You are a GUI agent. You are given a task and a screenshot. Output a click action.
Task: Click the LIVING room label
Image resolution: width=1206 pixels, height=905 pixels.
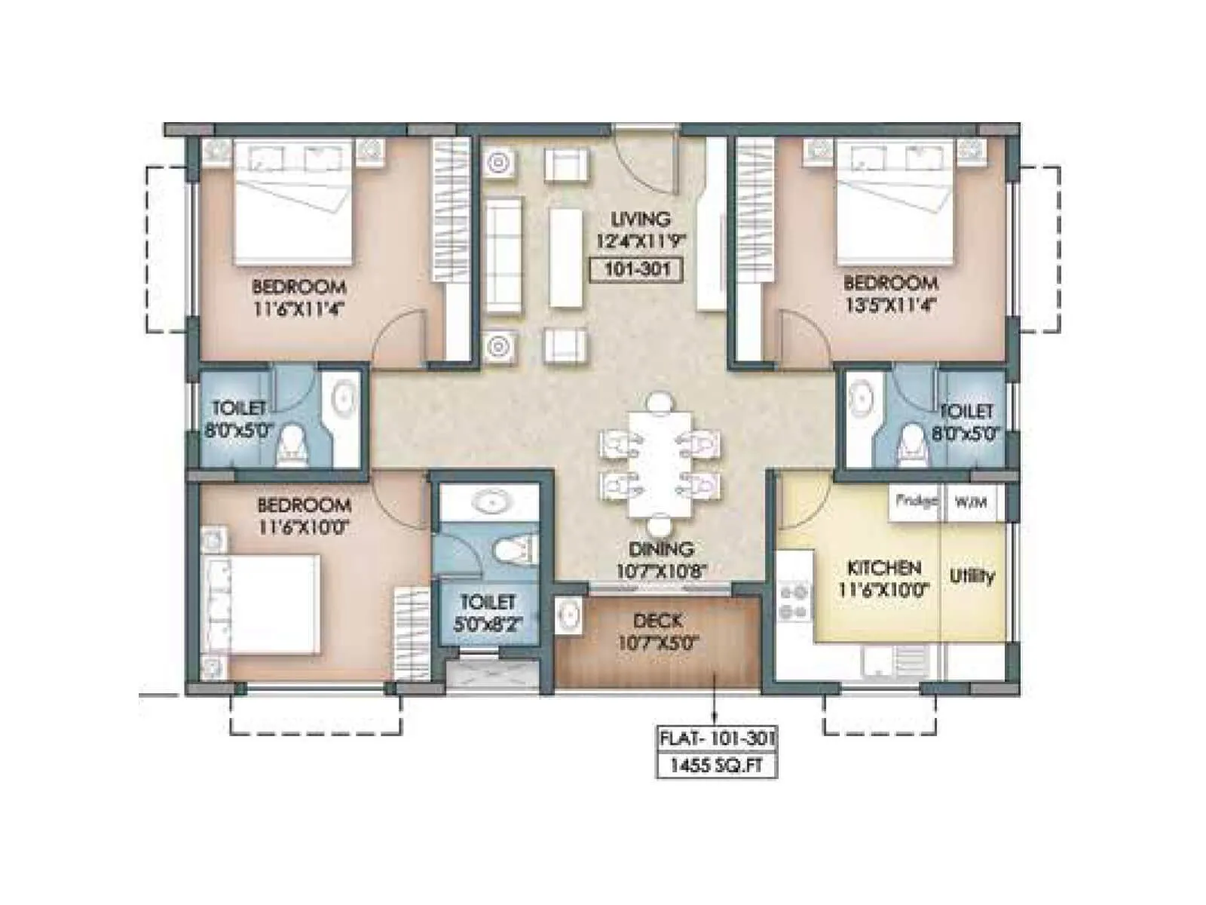640,219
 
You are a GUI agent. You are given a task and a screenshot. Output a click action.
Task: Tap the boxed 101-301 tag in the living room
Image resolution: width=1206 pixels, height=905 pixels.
637,269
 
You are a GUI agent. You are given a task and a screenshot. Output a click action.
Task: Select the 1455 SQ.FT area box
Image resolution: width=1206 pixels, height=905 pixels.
715,765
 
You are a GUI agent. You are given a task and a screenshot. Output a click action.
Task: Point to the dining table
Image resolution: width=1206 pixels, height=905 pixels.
660,463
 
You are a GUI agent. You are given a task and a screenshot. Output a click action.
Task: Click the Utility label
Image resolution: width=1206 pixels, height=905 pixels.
972,577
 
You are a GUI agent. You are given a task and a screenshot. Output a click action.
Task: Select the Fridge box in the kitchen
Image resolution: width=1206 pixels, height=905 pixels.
915,501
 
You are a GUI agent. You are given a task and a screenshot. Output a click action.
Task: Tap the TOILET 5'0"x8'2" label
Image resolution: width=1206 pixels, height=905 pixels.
488,612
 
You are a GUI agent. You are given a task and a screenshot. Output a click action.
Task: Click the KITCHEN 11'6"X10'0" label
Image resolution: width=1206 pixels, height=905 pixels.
883,578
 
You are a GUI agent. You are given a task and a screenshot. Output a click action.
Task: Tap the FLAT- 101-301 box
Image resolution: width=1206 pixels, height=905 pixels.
715,738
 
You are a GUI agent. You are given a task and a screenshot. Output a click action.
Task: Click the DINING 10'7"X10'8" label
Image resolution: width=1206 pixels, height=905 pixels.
660,560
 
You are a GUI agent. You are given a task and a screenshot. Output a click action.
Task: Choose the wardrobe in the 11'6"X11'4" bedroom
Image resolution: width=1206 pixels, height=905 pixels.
450,249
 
